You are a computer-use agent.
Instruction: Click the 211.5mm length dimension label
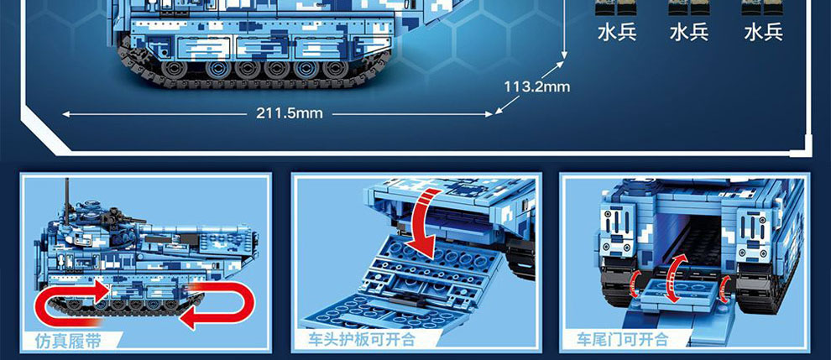coord(289,113)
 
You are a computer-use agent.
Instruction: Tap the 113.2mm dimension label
coord(537,86)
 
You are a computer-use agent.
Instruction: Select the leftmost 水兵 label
coord(617,33)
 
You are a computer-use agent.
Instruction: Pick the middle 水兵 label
coord(689,33)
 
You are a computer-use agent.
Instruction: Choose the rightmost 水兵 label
coord(763,33)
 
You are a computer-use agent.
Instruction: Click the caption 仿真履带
coord(68,341)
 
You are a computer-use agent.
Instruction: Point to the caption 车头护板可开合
coord(362,339)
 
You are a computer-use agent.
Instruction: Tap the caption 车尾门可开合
coord(623,339)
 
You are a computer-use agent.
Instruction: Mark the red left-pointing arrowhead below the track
coord(189,318)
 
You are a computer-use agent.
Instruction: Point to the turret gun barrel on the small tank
coord(130,220)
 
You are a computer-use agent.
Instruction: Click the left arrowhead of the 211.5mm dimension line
coord(66,113)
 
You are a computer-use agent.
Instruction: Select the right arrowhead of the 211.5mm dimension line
coord(488,113)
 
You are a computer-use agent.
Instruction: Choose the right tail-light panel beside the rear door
coord(753,233)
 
